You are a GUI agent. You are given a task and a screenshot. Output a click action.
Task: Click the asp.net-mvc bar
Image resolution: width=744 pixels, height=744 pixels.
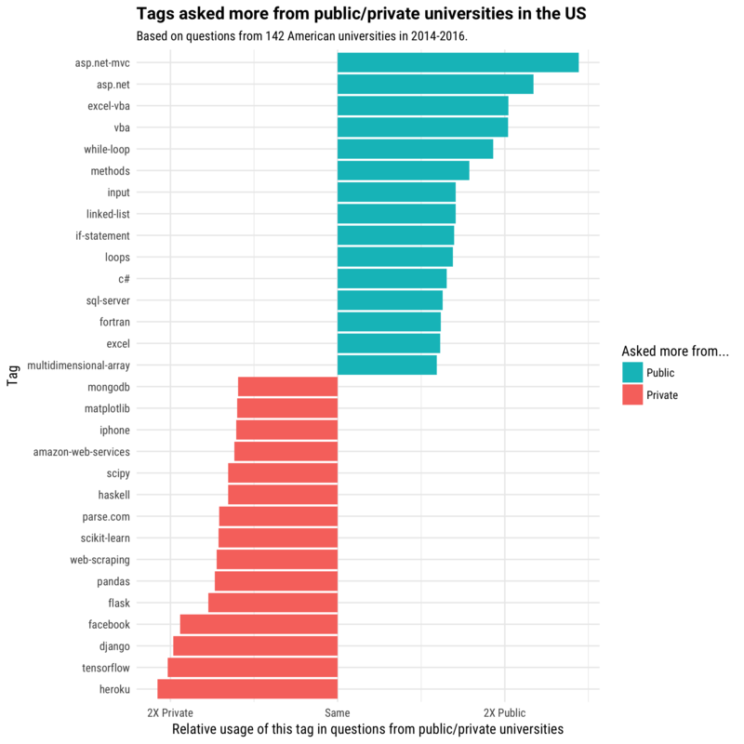[x=458, y=62]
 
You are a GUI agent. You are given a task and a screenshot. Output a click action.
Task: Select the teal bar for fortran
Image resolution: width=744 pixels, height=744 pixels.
[x=389, y=322]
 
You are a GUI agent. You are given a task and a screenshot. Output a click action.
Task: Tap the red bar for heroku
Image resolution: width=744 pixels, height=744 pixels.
[x=247, y=689]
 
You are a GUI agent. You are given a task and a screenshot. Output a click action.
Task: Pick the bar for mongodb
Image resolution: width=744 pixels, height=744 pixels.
[x=287, y=387]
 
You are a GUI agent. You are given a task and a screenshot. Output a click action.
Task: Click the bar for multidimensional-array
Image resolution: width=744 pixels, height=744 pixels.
[x=387, y=365]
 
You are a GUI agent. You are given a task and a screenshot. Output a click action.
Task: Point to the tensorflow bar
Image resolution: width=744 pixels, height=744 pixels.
[x=252, y=668]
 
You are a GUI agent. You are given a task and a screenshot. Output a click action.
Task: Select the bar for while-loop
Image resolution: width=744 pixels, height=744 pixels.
[x=415, y=149]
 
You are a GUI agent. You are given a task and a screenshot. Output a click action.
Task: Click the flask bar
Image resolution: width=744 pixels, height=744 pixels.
[x=272, y=603]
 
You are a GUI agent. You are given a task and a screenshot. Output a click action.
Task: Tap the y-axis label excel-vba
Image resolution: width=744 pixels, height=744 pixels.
[x=109, y=106]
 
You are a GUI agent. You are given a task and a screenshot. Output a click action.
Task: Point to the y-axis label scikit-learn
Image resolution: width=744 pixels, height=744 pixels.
[x=105, y=538]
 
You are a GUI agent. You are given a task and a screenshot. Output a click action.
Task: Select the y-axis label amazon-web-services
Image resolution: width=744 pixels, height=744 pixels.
[x=82, y=452]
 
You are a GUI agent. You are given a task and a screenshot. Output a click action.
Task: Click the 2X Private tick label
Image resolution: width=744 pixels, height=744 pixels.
[x=170, y=712]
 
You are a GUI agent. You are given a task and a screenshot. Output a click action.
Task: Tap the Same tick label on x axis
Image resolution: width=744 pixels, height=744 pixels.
[x=338, y=712]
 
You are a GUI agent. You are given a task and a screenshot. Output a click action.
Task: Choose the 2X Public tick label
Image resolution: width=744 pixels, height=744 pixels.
[x=505, y=712]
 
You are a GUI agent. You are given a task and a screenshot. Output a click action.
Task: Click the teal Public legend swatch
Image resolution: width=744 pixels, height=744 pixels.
[x=632, y=373]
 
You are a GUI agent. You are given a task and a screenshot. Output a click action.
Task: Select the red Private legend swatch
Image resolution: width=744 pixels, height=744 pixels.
[x=632, y=394]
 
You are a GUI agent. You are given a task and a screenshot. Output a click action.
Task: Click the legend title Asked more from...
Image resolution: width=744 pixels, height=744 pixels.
[x=674, y=352]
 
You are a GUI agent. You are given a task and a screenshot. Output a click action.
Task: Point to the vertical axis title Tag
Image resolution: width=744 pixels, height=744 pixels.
[x=13, y=376]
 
